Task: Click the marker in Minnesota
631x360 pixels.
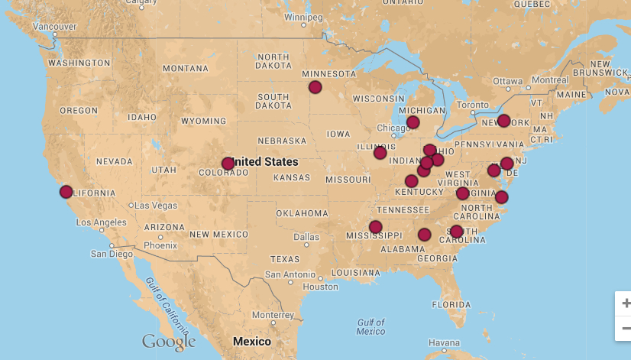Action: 315,87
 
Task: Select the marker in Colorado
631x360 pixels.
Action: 228,164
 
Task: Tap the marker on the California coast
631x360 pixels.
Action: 66,192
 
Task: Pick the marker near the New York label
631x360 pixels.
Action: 503,121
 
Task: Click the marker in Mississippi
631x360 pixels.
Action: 375,227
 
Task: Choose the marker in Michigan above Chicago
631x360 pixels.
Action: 413,122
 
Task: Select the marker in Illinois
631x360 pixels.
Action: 380,153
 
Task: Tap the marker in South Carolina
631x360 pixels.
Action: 456,232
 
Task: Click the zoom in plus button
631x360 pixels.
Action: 625,303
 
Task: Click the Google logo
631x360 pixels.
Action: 169,342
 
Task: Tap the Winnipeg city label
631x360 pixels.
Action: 303,17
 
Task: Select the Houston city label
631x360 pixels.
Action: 320,287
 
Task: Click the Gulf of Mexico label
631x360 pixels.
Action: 371,326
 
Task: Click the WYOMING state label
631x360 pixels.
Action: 203,121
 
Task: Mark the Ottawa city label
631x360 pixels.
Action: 507,80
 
